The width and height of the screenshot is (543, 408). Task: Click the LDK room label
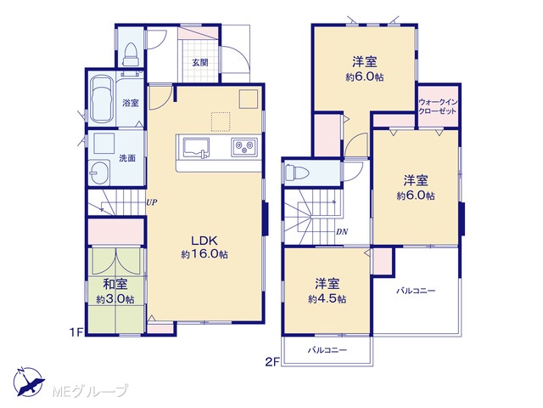pos(204,241)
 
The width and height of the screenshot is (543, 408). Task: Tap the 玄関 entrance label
pos(200,63)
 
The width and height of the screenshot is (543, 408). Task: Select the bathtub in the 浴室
pos(102,99)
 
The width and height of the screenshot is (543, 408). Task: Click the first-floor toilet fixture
pos(131,54)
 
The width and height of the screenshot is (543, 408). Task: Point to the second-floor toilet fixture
pos(297,173)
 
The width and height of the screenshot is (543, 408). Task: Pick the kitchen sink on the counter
pos(196,148)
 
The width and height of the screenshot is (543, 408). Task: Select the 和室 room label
pos(115,285)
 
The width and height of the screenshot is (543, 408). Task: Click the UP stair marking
pos(152,202)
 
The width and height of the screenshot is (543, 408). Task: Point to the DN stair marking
pos(342,232)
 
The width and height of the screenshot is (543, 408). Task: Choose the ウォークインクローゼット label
pos(438,107)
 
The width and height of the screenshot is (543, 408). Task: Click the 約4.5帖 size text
pos(327,299)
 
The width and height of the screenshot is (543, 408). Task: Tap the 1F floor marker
pos(76,332)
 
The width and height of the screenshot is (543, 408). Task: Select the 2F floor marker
pos(272,362)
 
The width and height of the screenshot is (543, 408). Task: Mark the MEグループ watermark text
pos(90,391)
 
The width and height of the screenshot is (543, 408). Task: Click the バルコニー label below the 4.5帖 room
pos(327,350)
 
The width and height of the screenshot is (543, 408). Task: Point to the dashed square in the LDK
pos(221,122)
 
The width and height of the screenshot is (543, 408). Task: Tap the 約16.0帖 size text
pos(204,255)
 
